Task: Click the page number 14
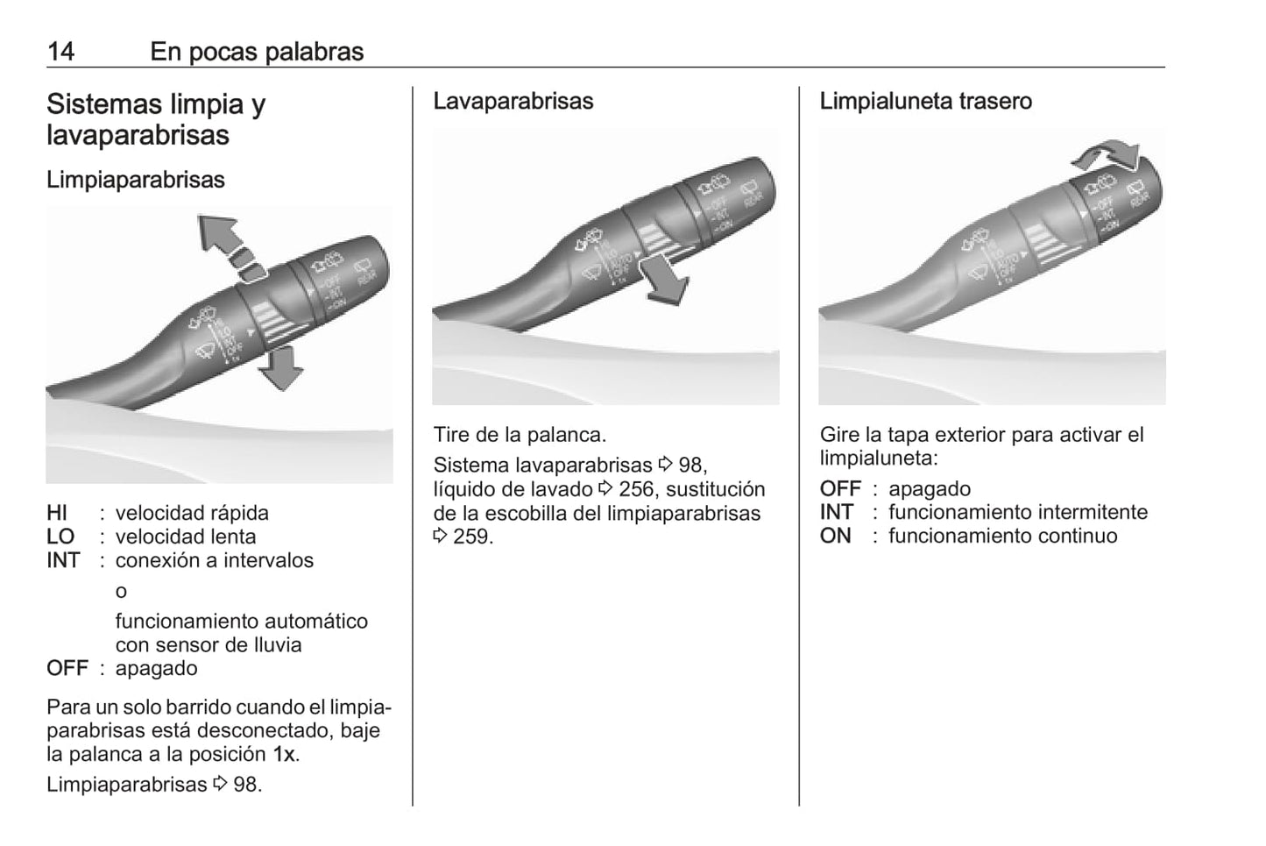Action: pyautogui.click(x=60, y=52)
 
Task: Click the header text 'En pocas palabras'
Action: pyautogui.click(x=257, y=52)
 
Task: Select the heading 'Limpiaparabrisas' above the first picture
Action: pyautogui.click(x=136, y=180)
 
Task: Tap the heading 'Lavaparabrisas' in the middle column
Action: pyautogui.click(x=513, y=101)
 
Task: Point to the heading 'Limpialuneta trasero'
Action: pyautogui.click(x=925, y=101)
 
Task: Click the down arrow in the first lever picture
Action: pyautogui.click(x=281, y=368)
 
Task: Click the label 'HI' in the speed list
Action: pyautogui.click(x=57, y=513)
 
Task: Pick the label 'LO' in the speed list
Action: pyautogui.click(x=60, y=537)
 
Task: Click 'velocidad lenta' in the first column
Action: pyautogui.click(x=186, y=537)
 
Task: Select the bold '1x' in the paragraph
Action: pyautogui.click(x=284, y=754)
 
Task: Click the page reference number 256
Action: pyautogui.click(x=636, y=489)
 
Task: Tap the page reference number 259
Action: pyautogui.click(x=472, y=537)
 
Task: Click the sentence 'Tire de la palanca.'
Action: pyautogui.click(x=520, y=435)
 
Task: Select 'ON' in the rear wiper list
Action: pyautogui.click(x=835, y=536)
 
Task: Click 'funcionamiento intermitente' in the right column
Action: pyautogui.click(x=1017, y=512)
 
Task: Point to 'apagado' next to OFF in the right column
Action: pyautogui.click(x=929, y=488)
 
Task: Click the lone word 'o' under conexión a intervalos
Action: pyautogui.click(x=121, y=591)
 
